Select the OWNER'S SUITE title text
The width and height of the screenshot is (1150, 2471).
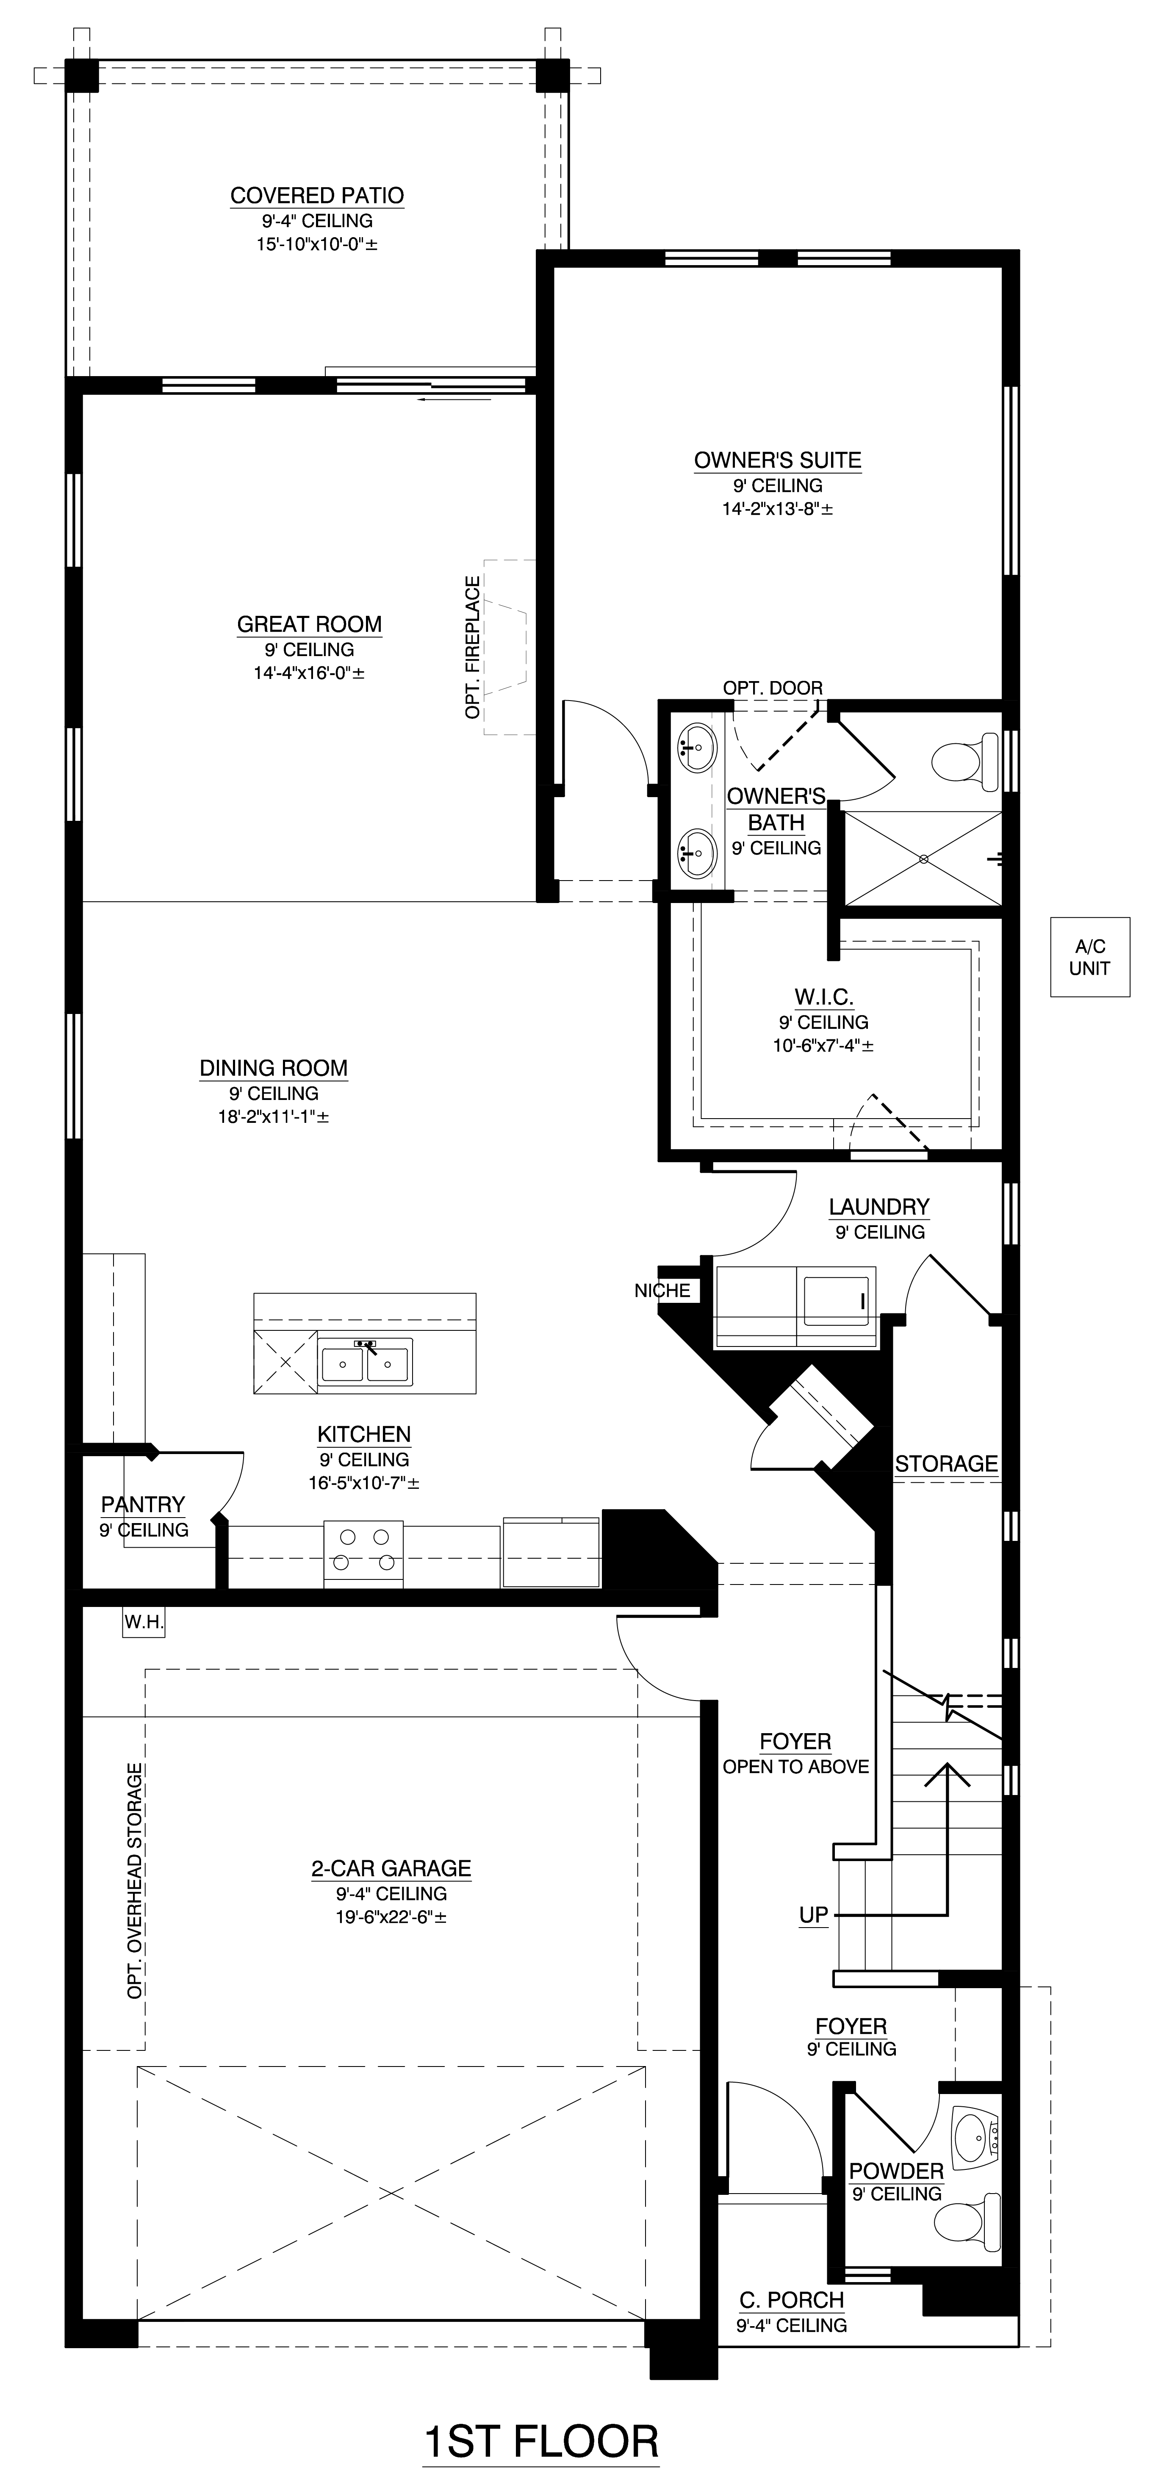click(778, 460)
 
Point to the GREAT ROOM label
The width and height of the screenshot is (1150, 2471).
click(310, 624)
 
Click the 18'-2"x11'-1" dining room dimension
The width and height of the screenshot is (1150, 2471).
click(273, 1116)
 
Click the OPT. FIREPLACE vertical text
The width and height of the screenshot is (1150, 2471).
click(472, 648)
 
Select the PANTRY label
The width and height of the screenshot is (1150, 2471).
click(143, 1504)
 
